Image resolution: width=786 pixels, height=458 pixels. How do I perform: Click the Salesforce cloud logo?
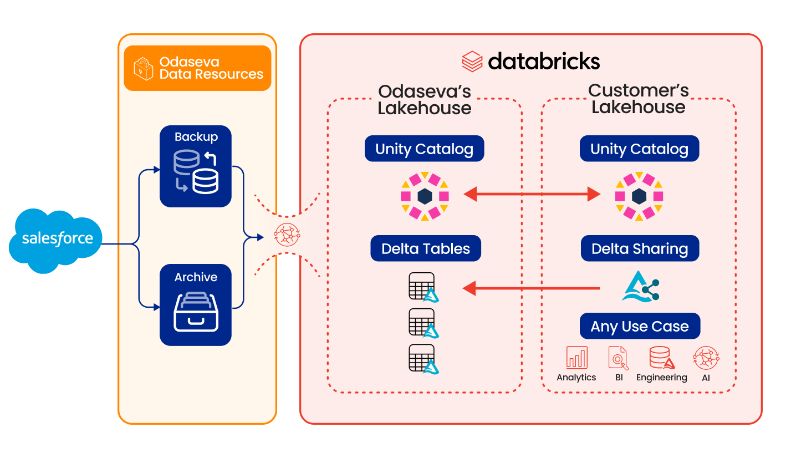[56, 240]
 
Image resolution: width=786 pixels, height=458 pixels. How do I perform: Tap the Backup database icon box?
[196, 166]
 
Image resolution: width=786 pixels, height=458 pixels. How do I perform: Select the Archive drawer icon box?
[196, 305]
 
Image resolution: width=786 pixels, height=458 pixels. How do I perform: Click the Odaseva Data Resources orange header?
[197, 68]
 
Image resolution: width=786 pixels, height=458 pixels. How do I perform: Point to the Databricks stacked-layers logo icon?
[472, 61]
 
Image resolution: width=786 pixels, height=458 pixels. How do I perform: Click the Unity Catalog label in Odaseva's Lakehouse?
[424, 149]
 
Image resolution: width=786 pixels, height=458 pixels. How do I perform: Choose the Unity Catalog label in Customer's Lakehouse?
[639, 149]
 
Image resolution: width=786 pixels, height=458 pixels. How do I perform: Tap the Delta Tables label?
[426, 249]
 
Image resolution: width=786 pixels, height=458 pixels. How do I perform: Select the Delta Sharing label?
[640, 249]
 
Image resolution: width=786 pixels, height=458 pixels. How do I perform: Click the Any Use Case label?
[640, 327]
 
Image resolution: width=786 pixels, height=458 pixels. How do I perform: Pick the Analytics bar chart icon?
[576, 358]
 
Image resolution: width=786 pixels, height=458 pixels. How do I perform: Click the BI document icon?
[618, 358]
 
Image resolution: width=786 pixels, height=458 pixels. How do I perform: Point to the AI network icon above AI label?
[706, 358]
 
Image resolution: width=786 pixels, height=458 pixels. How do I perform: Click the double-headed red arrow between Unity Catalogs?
[532, 194]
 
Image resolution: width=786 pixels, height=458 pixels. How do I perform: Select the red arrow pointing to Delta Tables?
[532, 288]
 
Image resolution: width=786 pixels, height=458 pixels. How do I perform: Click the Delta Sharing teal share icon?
[641, 287]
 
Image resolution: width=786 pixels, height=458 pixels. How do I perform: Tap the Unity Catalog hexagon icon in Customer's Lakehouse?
[639, 196]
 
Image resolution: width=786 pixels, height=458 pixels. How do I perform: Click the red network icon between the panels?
[287, 235]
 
